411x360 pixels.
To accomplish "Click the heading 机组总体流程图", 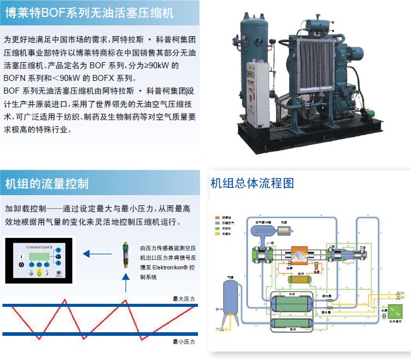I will (252, 182).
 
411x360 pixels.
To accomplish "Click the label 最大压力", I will (182, 298).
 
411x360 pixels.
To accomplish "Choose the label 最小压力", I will (182, 341).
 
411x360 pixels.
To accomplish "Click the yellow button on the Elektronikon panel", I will (40, 273).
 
